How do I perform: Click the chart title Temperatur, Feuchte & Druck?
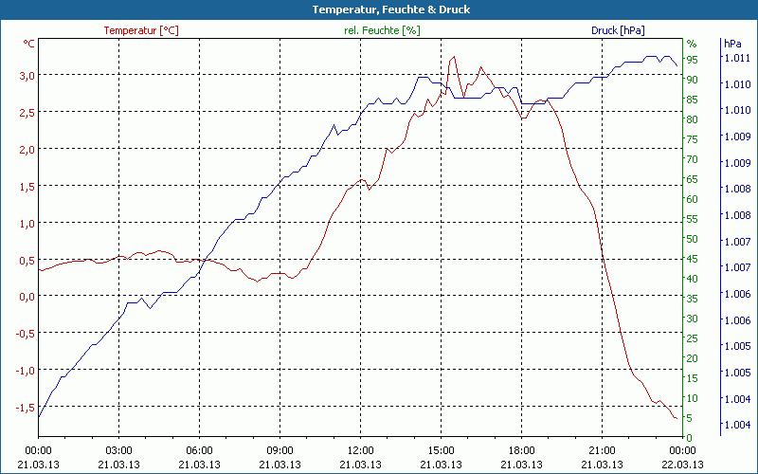coord(378,9)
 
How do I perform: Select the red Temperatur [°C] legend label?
coord(141,30)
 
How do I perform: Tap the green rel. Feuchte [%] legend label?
coord(382,30)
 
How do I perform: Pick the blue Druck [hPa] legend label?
coord(618,30)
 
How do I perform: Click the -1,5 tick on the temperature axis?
coord(22,407)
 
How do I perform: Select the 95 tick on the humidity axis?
coord(692,59)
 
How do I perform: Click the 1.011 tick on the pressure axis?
coord(736,59)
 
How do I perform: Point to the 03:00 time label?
coord(118,450)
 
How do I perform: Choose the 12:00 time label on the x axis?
coord(360,450)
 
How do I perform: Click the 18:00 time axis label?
coord(521,450)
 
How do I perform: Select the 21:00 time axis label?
coord(602,450)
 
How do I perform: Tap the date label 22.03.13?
coord(682,465)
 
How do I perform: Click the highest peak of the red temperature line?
coord(454,57)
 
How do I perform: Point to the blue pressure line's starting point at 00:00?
coord(39,417)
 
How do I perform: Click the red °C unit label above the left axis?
coord(29,44)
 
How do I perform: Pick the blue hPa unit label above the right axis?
coord(732,44)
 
